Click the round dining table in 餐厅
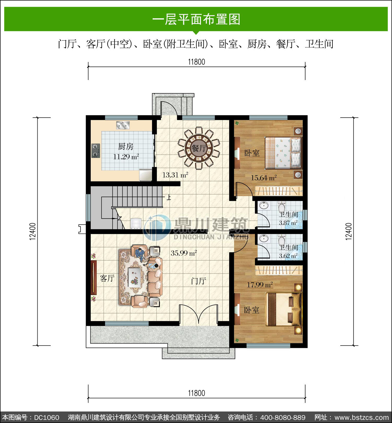(x=199, y=148)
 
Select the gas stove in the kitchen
(x=96, y=151)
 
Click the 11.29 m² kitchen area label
(x=126, y=157)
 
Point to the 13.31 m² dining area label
(x=175, y=175)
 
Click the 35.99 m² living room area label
(x=184, y=253)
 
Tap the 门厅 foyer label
(x=199, y=281)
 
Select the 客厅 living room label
(x=107, y=278)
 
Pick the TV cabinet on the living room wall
(x=94, y=277)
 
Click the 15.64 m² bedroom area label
(x=264, y=178)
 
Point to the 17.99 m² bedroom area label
(x=260, y=284)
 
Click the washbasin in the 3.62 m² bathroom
(x=264, y=238)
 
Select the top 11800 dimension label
(x=197, y=62)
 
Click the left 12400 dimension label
(x=33, y=231)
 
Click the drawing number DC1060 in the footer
(x=47, y=417)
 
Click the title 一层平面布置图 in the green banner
(x=196, y=19)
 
